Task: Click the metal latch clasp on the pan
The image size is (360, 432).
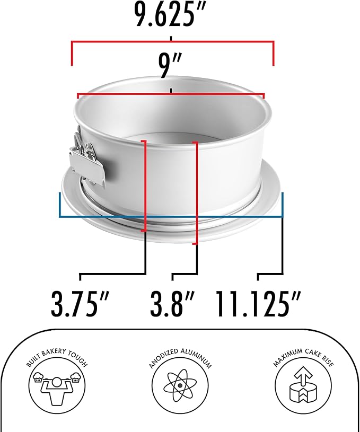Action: click(86, 159)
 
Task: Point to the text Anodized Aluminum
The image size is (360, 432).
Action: click(180, 356)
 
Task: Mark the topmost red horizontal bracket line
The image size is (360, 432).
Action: click(172, 42)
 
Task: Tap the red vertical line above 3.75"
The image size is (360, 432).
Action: click(145, 186)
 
